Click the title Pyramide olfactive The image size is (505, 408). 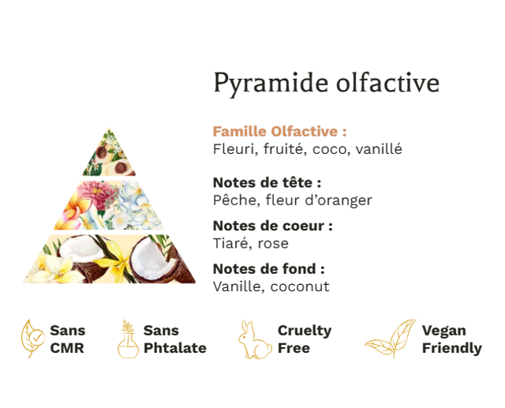pyautogui.click(x=326, y=83)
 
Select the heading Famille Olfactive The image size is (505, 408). pyautogui.click(x=279, y=131)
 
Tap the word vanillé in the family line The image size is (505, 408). pyautogui.click(x=379, y=149)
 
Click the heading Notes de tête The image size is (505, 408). pyautogui.click(x=267, y=182)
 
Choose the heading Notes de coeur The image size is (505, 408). pyautogui.click(x=272, y=226)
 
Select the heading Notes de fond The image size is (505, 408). pyautogui.click(x=268, y=269)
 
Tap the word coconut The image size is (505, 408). pyautogui.click(x=300, y=286)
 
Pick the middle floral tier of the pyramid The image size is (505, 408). pyautogui.click(x=109, y=205)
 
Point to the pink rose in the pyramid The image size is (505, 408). pyautogui.click(x=96, y=193)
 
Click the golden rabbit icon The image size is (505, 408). pyautogui.click(x=254, y=339)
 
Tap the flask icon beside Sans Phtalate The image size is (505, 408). pyautogui.click(x=128, y=339)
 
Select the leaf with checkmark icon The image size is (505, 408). pyautogui.click(x=32, y=339)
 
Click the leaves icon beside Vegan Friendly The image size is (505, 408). pyautogui.click(x=390, y=339)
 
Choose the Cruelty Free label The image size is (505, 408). pyautogui.click(x=305, y=339)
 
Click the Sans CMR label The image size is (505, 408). pyautogui.click(x=68, y=339)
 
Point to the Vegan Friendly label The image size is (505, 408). pyautogui.click(x=452, y=339)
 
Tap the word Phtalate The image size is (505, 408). pyautogui.click(x=175, y=348)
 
